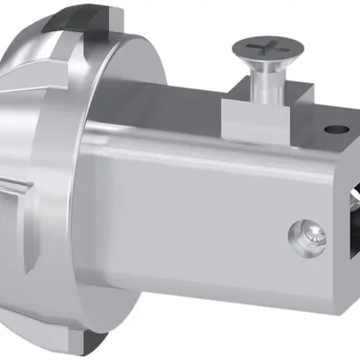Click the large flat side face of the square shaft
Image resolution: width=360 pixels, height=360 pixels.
tap(203, 212)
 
